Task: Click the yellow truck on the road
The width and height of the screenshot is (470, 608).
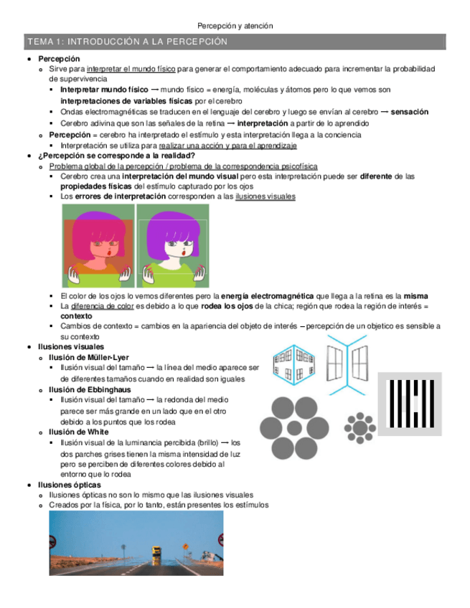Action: click(156, 553)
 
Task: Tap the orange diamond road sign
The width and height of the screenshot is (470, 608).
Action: click(185, 546)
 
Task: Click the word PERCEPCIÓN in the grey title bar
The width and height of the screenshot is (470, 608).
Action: click(192, 42)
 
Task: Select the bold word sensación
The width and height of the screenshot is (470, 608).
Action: click(410, 112)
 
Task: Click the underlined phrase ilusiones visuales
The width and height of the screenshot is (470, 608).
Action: click(265, 196)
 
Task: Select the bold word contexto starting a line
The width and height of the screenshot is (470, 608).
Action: click(76, 315)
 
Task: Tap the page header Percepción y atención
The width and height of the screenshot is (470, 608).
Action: click(235, 26)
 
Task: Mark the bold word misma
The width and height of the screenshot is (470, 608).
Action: click(415, 295)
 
